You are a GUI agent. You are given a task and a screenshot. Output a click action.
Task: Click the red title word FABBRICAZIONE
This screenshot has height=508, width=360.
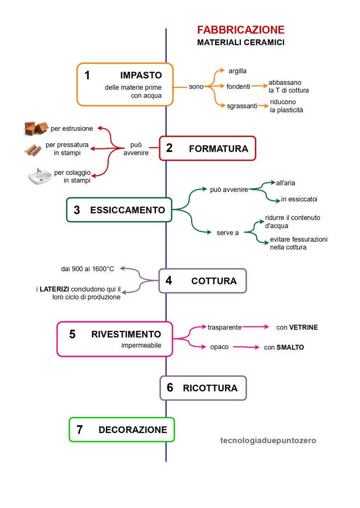click(x=241, y=29)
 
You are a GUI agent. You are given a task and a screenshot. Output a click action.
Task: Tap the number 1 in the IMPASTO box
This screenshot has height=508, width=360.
click(x=87, y=75)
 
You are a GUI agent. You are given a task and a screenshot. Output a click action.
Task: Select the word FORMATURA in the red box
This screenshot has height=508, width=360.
click(x=218, y=148)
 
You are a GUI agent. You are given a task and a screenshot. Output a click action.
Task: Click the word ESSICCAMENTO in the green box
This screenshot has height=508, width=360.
click(x=128, y=210)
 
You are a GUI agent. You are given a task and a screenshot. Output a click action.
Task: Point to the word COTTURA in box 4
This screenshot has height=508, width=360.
click(x=214, y=281)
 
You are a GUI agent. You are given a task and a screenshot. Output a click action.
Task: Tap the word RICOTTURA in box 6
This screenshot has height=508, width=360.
click(x=210, y=387)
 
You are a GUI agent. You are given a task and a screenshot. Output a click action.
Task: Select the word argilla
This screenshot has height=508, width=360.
click(x=238, y=71)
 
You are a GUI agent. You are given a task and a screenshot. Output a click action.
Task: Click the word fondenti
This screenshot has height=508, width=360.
click(x=238, y=86)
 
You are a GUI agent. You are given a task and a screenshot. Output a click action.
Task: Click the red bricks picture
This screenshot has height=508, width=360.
click(x=36, y=128)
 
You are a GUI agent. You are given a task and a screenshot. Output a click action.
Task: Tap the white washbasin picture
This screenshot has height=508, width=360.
click(x=40, y=177)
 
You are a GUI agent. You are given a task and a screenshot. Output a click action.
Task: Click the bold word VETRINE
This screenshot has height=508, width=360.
click(x=303, y=327)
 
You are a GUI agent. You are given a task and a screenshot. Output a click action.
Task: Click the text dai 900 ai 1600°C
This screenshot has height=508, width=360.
click(x=87, y=269)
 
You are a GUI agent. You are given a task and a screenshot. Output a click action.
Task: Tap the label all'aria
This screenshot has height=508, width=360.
click(x=286, y=183)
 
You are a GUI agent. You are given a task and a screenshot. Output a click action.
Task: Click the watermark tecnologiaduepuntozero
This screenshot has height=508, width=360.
click(x=268, y=440)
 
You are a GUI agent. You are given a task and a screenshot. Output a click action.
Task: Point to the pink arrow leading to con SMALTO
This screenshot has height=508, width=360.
click(x=246, y=347)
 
